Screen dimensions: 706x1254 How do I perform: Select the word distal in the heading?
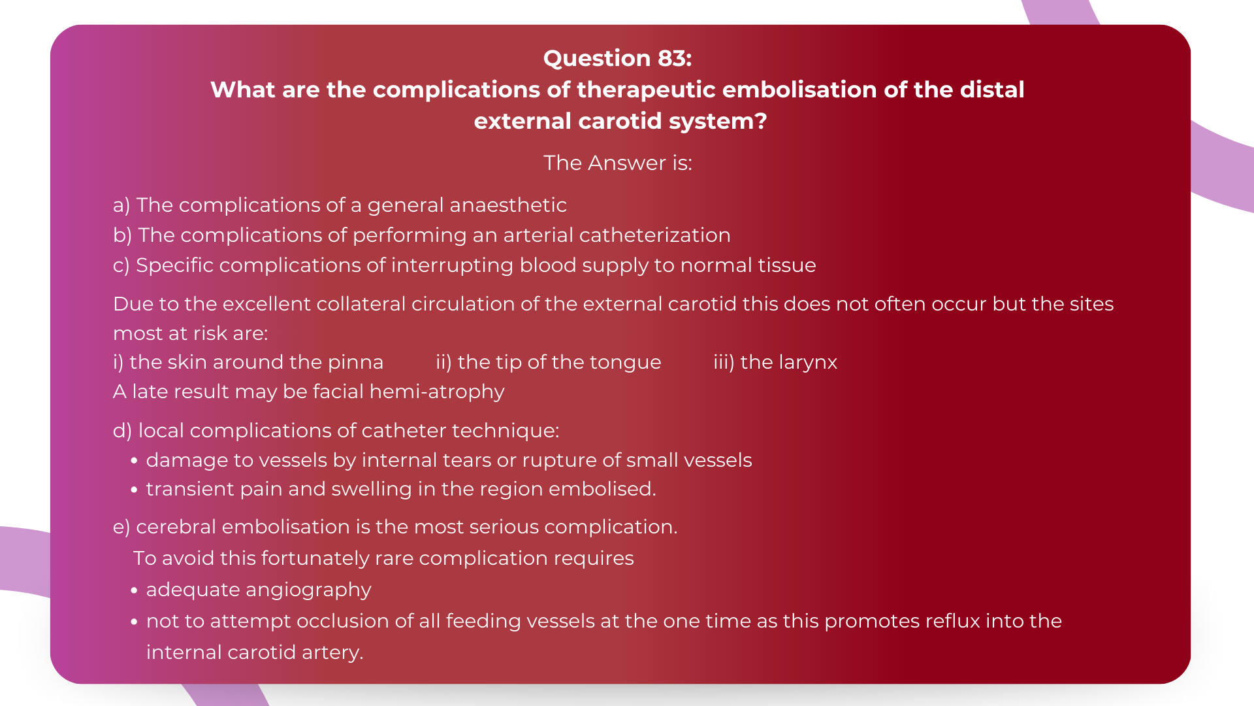click(x=991, y=90)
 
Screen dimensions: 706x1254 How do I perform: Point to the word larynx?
click(x=808, y=363)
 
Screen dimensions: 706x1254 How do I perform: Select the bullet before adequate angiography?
click(x=134, y=590)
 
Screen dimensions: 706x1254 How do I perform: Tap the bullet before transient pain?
click(x=134, y=490)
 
